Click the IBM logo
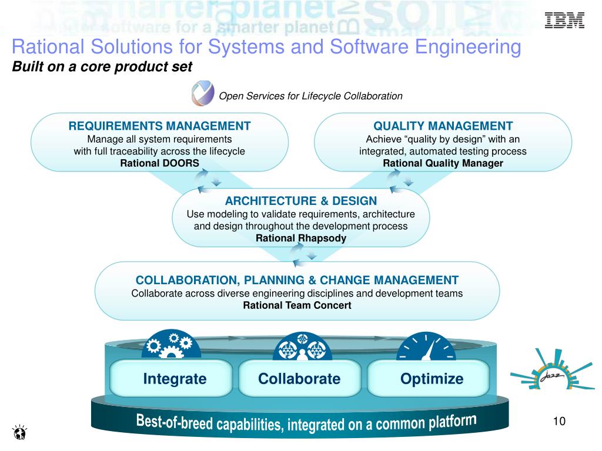tap(564, 21)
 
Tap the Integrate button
tap(175, 379)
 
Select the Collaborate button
tap(299, 379)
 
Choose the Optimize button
tap(432, 379)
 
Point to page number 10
tap(558, 422)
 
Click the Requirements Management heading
tap(159, 126)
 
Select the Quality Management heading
tap(443, 126)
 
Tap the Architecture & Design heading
tap(300, 201)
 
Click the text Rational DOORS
tap(159, 163)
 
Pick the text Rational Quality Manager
tap(443, 163)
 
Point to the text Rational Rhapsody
tap(300, 238)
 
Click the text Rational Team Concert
tap(297, 305)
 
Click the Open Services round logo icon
tap(202, 95)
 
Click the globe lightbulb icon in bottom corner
tap(19, 433)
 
